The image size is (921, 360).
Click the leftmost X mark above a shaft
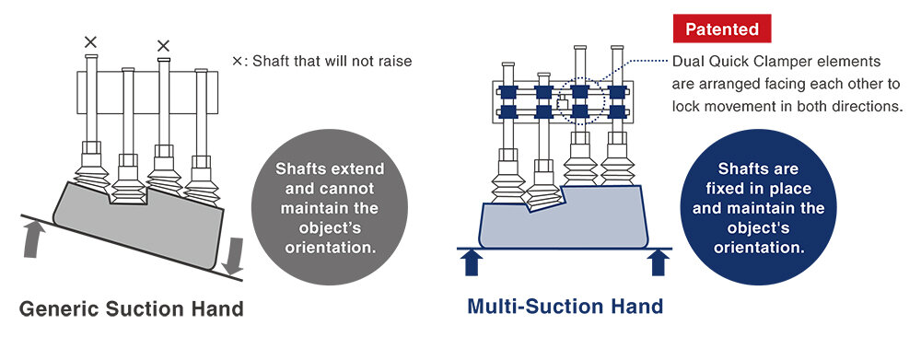89,41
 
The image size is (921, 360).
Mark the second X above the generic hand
163,45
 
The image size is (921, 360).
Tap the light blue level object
562,222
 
